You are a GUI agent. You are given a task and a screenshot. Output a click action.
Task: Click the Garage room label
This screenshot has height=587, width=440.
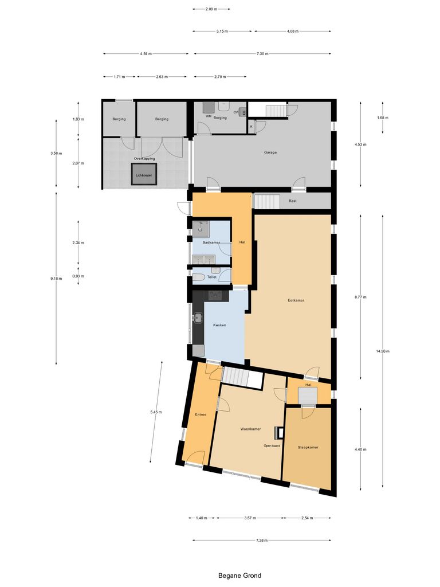(270, 152)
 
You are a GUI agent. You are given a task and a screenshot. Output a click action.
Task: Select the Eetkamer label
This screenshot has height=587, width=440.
(296, 300)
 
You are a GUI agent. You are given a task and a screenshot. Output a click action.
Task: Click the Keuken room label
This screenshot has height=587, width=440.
(219, 325)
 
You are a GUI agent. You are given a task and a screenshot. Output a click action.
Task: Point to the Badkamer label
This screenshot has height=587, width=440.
(211, 242)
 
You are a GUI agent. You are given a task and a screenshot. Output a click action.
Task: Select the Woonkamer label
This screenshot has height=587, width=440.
(250, 429)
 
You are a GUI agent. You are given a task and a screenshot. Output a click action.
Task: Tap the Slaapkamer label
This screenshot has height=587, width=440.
(308, 447)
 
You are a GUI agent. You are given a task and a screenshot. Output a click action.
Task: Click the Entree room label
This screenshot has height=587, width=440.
(201, 414)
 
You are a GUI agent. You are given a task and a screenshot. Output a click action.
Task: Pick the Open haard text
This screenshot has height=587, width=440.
(272, 445)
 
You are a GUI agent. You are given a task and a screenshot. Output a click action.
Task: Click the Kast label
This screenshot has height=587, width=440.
(293, 201)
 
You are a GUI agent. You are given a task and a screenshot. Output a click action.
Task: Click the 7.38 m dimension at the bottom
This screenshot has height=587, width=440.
(262, 540)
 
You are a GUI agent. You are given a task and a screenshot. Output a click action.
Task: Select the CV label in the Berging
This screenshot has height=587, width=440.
(235, 112)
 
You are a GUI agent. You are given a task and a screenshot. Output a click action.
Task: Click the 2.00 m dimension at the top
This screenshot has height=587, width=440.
(211, 9)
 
